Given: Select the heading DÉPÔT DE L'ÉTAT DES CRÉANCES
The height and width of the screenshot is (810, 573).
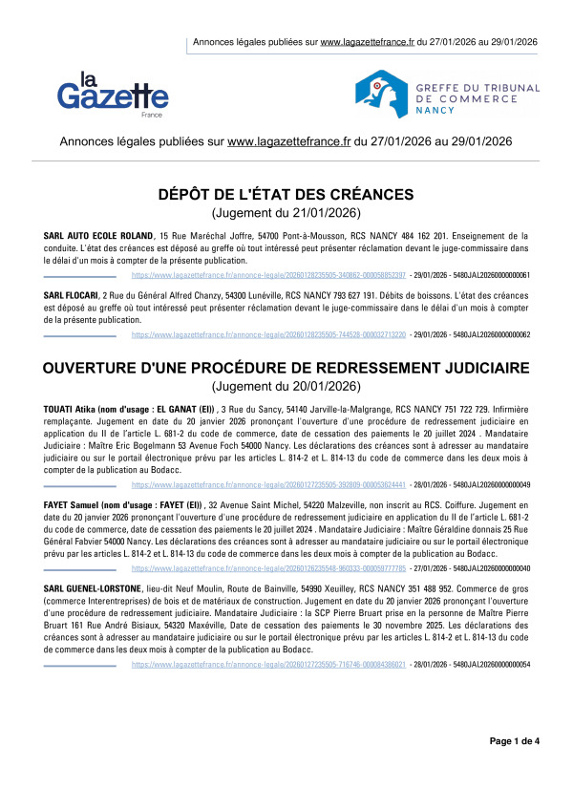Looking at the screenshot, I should coord(286,195).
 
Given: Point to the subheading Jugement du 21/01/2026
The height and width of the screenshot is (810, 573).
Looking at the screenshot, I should coord(286,213).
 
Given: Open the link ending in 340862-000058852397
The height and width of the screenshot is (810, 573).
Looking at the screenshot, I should coord(268,275).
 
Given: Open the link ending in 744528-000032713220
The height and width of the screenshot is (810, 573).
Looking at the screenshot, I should coord(268,335).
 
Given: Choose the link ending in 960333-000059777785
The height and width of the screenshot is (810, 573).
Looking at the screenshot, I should coord(268,568).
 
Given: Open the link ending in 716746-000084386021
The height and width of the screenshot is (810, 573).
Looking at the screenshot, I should coord(268,663).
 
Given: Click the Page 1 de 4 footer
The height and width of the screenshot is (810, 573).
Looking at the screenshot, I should coord(515,768).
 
